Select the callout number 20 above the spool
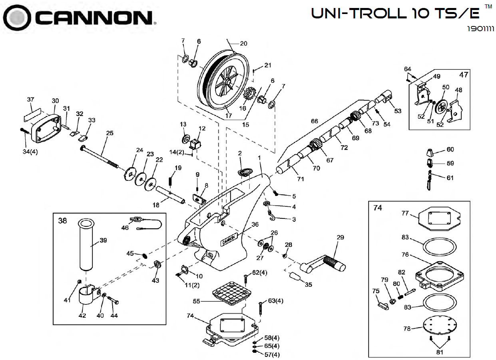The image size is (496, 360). (243, 44)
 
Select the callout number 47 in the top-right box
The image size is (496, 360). (463, 74)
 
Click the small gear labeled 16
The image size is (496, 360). (249, 96)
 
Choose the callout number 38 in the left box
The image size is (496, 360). (63, 221)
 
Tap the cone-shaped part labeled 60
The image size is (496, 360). (431, 152)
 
